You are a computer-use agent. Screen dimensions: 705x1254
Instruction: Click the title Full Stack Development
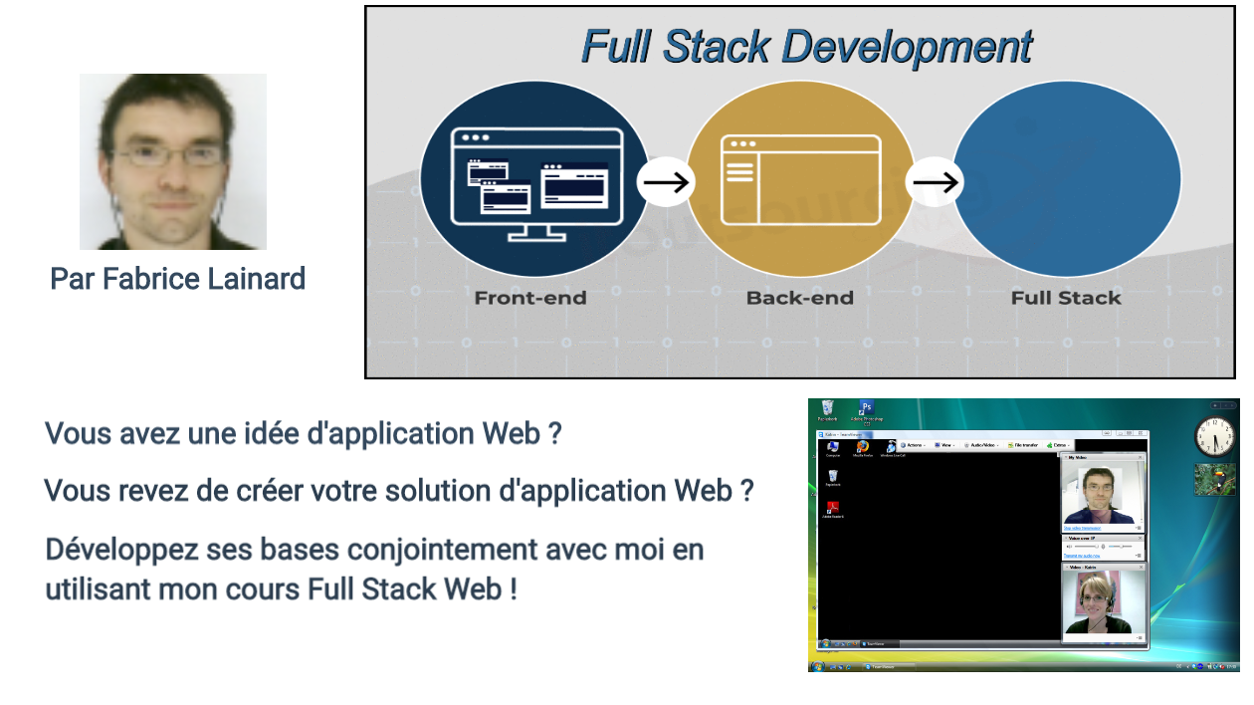[806, 47]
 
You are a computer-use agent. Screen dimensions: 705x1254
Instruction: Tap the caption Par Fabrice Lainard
[177, 279]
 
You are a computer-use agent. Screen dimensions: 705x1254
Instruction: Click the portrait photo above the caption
[173, 161]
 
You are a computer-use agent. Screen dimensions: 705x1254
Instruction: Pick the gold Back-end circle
[799, 179]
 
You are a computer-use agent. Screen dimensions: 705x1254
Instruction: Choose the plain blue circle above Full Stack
[1067, 179]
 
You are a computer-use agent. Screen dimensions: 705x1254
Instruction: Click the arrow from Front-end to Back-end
[665, 182]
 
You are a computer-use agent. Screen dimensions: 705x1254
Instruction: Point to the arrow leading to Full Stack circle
[935, 182]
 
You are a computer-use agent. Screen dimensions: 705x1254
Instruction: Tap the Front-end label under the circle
[530, 298]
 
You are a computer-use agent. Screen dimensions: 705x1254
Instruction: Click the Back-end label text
[799, 298]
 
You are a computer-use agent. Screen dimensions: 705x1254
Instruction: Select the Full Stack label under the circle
[1066, 298]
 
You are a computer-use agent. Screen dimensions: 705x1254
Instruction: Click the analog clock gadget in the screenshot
[1214, 436]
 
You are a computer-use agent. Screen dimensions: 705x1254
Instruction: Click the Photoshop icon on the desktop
[867, 409]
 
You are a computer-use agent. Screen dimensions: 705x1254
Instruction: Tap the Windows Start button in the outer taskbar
[818, 665]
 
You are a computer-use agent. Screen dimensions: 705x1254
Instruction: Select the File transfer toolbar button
[1026, 445]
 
